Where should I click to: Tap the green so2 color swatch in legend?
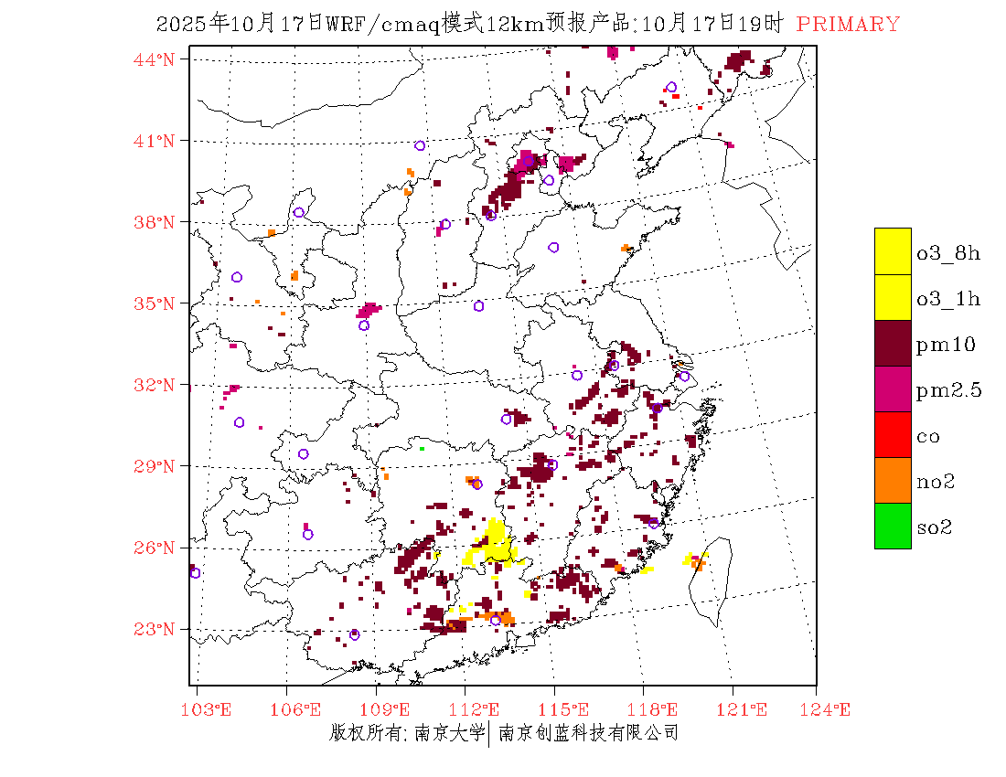tap(893, 526)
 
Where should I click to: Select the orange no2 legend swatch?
tap(893, 480)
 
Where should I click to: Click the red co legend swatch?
tap(893, 434)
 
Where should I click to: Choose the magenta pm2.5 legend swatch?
tap(893, 388)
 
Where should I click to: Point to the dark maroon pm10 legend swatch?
tap(893, 343)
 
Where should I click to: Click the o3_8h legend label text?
tap(948, 253)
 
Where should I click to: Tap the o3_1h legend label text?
tap(948, 299)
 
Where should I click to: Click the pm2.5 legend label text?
tap(948, 390)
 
